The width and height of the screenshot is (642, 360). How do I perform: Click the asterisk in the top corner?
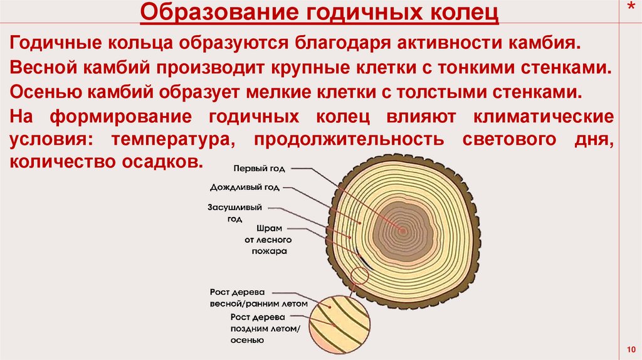tap(629, 6)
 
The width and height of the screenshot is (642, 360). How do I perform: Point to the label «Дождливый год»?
tap(245, 187)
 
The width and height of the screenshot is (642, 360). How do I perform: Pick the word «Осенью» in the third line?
tap(38, 92)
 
